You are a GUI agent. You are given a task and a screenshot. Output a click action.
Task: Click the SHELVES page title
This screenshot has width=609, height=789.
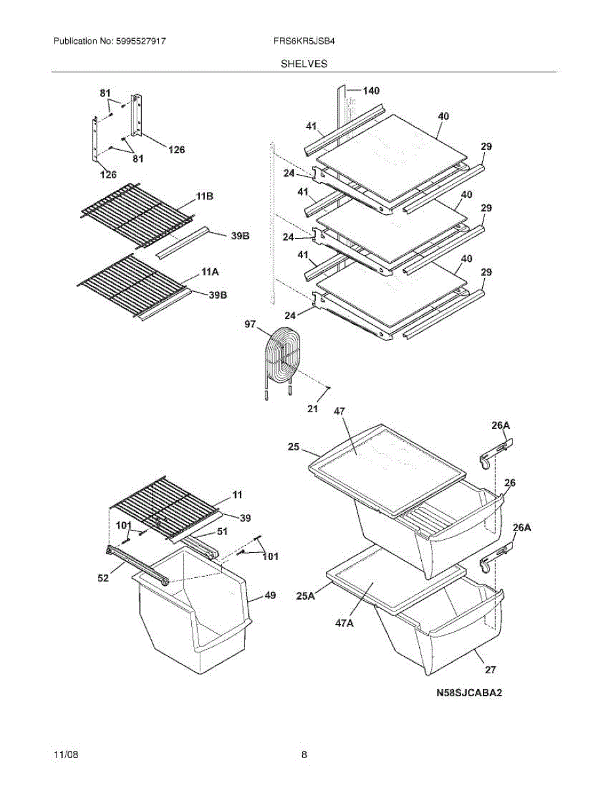tap(304, 64)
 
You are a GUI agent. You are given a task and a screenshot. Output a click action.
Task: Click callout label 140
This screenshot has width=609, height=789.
tap(371, 91)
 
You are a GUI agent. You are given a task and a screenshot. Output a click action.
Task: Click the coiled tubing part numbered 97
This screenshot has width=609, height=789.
tap(279, 358)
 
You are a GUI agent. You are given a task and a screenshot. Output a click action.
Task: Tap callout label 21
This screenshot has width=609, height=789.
tap(313, 408)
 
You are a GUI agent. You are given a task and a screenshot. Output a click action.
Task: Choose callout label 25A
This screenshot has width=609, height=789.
tap(305, 596)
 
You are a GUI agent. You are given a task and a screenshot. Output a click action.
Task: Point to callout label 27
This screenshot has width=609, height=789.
tap(490, 670)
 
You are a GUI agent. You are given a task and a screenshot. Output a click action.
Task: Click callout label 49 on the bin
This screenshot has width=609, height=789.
tap(270, 596)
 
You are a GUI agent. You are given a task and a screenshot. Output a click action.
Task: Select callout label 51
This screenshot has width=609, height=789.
tap(222, 532)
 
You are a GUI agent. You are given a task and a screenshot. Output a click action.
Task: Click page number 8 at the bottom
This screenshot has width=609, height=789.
tap(304, 755)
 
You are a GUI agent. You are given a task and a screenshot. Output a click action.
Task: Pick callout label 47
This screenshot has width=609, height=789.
tap(340, 411)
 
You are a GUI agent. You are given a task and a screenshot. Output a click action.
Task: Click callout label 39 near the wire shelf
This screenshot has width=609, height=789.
tap(245, 518)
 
